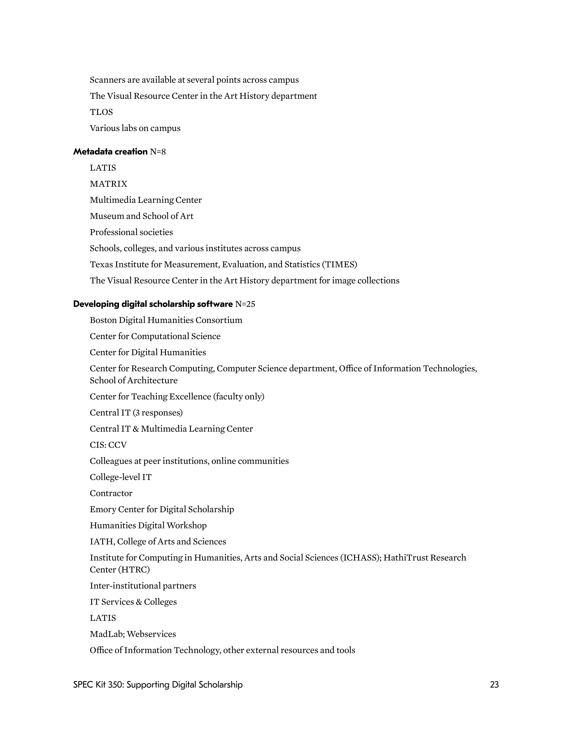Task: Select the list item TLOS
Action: [x=101, y=112]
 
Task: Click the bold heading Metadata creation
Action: [x=110, y=152]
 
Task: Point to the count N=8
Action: [x=157, y=152]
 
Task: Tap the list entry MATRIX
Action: [x=109, y=184]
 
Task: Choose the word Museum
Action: [x=107, y=216]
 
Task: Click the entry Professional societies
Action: [x=131, y=232]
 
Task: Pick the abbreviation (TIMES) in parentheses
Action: [x=339, y=264]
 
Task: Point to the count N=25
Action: [x=245, y=304]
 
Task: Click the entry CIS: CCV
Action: [x=108, y=445]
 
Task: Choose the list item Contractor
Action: [x=111, y=493]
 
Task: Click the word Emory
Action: [x=103, y=509]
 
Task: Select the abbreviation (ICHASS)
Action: [x=361, y=558]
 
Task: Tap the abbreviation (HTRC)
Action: [x=134, y=570]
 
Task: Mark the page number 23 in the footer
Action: [x=494, y=684]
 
